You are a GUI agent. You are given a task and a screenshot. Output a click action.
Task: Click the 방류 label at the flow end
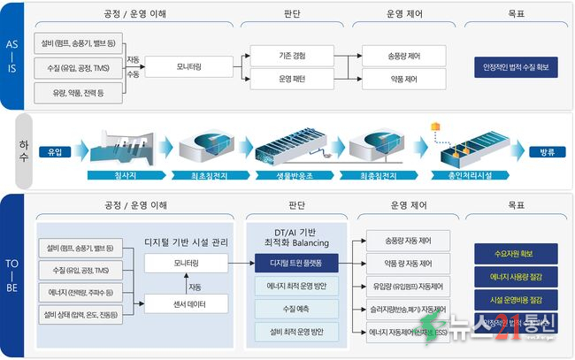pyautogui.click(x=545, y=151)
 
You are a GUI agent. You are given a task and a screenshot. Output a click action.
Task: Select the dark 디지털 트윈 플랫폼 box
pyautogui.click(x=295, y=263)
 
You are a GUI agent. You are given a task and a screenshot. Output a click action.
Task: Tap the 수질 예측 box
pyautogui.click(x=295, y=309)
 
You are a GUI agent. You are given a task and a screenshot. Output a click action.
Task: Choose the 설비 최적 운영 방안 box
pyautogui.click(x=295, y=332)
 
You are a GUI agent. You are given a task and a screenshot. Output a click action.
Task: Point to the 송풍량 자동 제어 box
pyautogui.click(x=402, y=241)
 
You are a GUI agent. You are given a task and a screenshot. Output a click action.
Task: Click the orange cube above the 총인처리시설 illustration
pyautogui.click(x=436, y=128)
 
